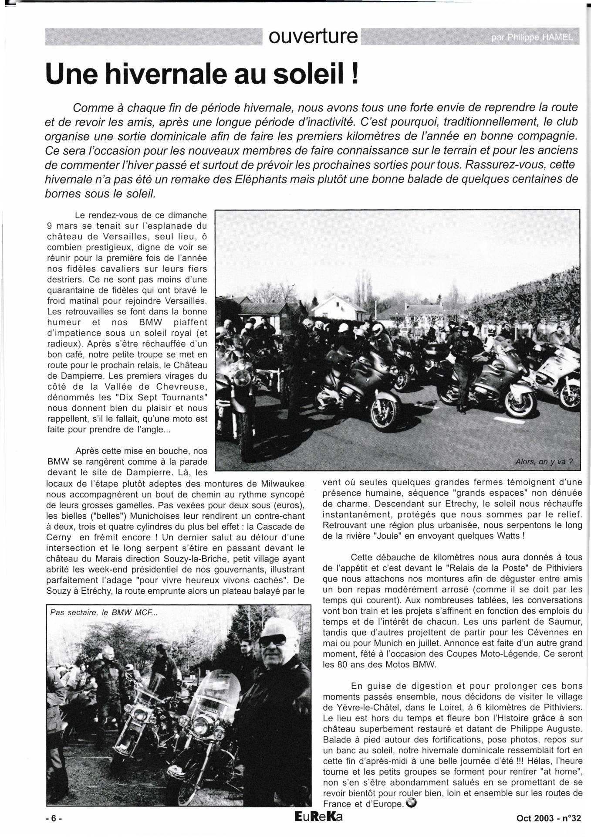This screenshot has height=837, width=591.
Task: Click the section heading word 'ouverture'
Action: pos(313,37)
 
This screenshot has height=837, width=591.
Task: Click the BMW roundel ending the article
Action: pos(410,803)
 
